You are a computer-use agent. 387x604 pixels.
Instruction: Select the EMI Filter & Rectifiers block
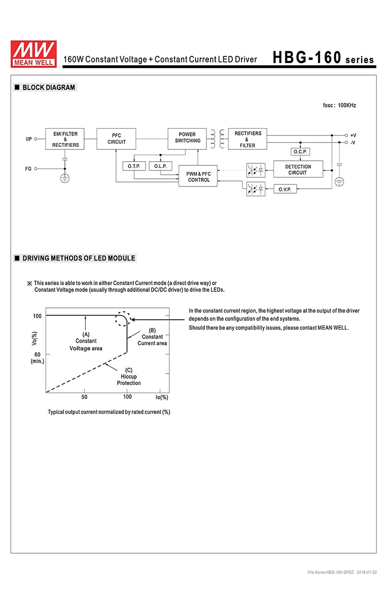pos(65,140)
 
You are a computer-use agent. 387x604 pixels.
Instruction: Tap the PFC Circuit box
pos(117,139)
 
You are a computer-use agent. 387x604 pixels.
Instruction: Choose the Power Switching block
pos(187,138)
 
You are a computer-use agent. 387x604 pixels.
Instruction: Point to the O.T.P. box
pos(134,166)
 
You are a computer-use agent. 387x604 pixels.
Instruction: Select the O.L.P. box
pos(160,166)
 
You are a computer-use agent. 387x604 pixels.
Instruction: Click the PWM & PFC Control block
pos(199,177)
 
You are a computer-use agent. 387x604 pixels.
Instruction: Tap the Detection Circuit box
pos(298,169)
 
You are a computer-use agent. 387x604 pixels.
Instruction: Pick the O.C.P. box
pos(300,152)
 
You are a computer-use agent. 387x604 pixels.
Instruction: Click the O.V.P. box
pos(285,190)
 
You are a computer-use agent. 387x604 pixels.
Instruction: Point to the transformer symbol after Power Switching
pos(218,138)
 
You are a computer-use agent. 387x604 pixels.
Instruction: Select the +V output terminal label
pos(353,135)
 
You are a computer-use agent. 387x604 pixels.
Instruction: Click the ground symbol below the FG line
pos(65,178)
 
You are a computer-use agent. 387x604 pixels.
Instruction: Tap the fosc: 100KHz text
pos(339,105)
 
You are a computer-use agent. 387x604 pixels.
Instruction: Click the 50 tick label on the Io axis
pos(84,397)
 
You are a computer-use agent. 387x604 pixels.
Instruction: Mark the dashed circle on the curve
pos(123,318)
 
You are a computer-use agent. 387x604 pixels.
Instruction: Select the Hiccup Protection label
pos(128,377)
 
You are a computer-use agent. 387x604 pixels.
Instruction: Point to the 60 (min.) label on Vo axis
pos(37,358)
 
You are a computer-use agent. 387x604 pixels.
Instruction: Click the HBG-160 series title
pos(322,58)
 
